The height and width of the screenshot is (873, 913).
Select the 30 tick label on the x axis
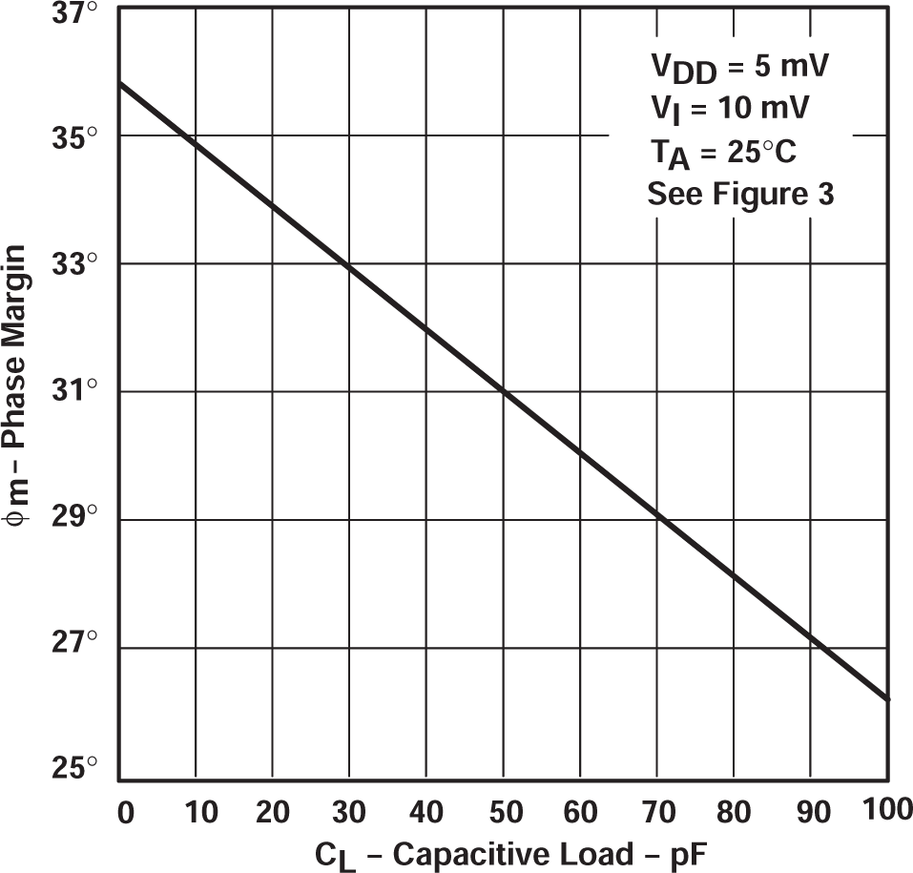pos(350,814)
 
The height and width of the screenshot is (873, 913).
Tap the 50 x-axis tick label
pos(505,814)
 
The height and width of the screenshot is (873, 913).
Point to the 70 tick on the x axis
pos(658,814)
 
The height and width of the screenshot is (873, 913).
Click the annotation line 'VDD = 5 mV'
pos(739,70)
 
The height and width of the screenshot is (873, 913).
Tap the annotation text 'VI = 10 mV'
pos(730,111)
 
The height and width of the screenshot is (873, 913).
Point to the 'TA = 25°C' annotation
pos(722,153)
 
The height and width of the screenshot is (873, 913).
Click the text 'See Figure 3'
pos(740,194)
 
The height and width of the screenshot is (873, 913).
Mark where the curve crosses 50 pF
pos(505,391)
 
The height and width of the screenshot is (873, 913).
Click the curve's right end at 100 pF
pos(887,698)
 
